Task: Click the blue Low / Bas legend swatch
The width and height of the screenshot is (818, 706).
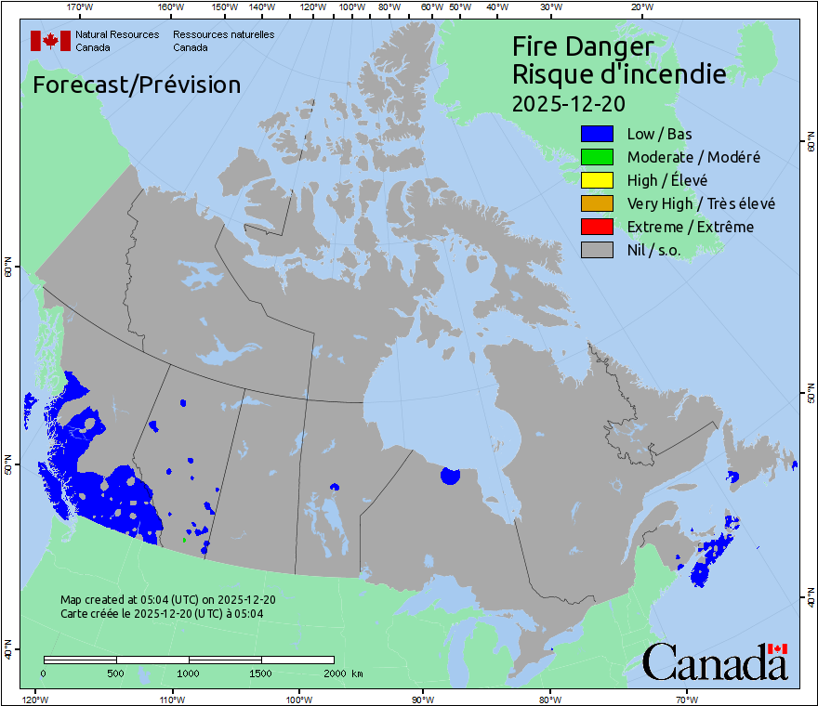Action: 596,134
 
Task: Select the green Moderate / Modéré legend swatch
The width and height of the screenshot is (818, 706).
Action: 596,157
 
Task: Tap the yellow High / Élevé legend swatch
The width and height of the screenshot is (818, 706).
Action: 596,180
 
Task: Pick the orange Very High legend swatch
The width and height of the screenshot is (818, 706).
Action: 596,203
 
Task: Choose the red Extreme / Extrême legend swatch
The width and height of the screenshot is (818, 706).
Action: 596,227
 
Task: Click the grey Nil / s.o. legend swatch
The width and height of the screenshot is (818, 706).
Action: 596,250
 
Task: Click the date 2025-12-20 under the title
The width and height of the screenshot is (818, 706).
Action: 569,101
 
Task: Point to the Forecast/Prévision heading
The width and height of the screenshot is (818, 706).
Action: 137,85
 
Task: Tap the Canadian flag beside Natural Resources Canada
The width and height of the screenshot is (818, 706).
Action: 50,41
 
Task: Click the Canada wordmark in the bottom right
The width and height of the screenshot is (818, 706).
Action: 715,662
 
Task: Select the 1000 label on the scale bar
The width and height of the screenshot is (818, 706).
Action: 189,673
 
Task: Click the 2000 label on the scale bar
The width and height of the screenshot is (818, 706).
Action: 334,673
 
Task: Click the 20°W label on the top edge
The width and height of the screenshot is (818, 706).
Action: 640,7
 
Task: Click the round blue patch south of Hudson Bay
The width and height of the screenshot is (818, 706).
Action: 450,476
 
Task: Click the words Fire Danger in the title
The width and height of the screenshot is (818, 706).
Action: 583,46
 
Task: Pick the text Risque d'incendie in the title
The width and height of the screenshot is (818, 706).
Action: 619,73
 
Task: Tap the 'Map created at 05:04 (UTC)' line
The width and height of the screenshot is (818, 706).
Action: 167,600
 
